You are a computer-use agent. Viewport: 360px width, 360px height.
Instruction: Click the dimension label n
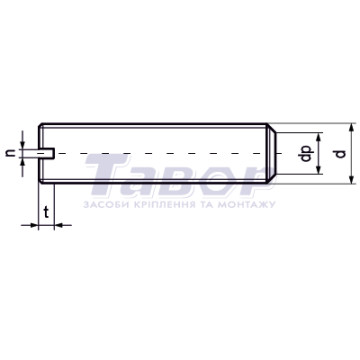tap(12, 153)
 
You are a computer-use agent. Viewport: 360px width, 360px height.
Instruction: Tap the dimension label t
tap(47, 212)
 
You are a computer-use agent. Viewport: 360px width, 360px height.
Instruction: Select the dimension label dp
tap(306, 154)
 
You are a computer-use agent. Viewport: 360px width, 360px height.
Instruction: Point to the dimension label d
tap(340, 154)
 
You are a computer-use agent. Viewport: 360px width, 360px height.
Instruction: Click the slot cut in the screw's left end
tap(46, 153)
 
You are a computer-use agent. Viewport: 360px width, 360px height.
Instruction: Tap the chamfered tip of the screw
tap(271, 153)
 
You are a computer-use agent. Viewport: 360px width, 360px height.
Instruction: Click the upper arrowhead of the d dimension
tap(351, 128)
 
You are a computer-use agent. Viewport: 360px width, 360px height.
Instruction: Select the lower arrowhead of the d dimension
tap(351, 179)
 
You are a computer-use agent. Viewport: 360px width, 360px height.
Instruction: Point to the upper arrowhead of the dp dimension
tap(319, 137)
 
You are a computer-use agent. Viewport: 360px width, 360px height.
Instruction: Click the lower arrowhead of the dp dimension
tap(319, 169)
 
